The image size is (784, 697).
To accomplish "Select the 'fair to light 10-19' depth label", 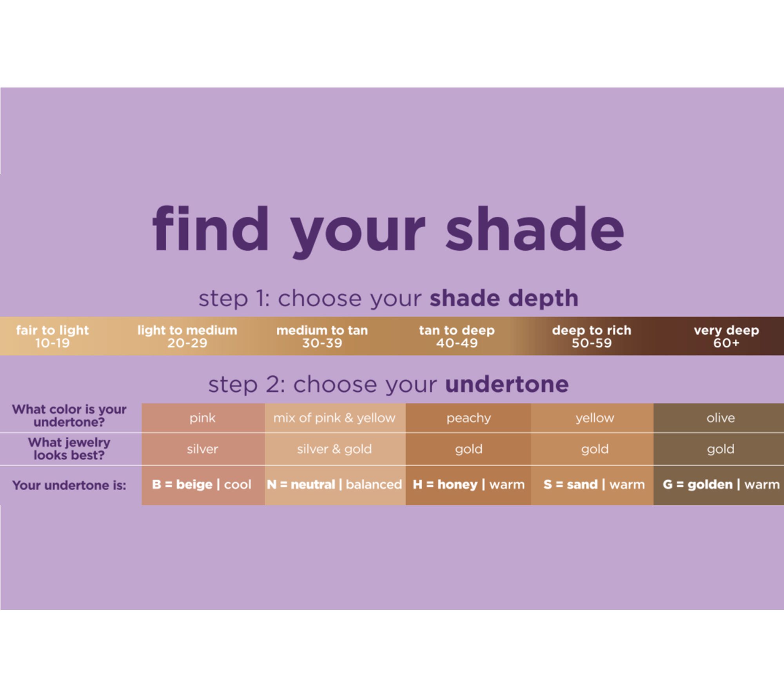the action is point(53,337).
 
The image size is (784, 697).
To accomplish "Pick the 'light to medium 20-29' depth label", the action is point(187,337).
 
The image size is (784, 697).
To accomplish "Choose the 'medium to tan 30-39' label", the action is point(322,337).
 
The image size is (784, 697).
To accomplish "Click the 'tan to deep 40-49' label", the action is point(457,337).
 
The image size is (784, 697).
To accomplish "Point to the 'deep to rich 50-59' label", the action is point(592,337).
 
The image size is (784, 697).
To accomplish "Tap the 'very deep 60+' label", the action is point(726,337).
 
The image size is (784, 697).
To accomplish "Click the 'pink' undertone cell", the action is point(203,418).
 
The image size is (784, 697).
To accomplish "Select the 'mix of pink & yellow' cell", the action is point(334,418).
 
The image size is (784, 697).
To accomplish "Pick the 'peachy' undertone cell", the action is point(469,418).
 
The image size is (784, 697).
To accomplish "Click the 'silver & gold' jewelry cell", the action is point(334,449).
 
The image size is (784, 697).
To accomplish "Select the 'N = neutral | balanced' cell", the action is point(334,485).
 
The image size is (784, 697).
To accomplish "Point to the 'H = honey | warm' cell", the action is point(469,485).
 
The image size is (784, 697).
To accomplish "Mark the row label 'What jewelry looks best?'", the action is point(69,449).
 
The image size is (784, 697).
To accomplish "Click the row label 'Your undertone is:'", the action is point(69,485).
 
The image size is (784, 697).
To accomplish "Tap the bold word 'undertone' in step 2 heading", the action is point(507,384).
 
